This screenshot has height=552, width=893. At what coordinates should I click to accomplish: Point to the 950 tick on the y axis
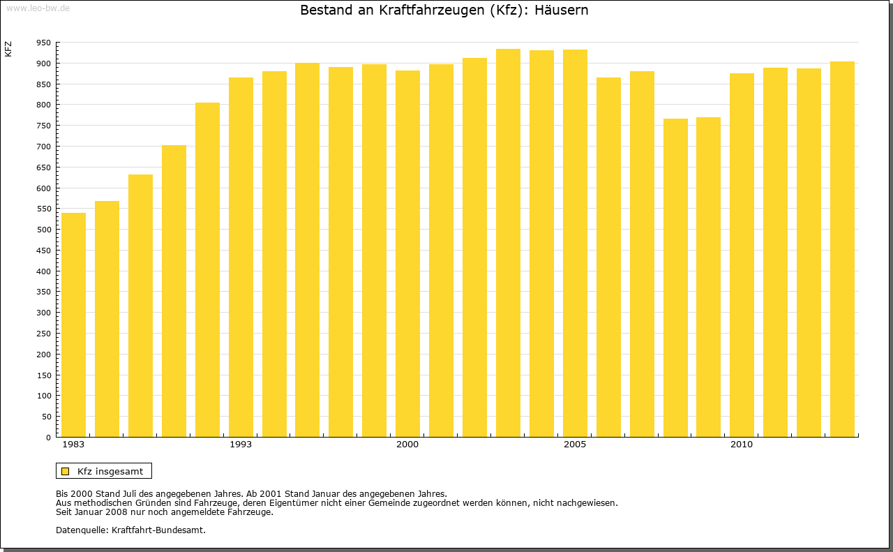43,43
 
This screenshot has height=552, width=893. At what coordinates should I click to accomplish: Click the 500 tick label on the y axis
43,230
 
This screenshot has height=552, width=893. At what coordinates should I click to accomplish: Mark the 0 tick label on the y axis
48,438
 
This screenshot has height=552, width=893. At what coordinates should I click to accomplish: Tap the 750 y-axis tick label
43,126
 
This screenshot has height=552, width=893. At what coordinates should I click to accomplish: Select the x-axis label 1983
73,445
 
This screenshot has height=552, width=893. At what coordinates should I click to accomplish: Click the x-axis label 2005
575,445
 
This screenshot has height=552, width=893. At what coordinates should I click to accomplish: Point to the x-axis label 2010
742,445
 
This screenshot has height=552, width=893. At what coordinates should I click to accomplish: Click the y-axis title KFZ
8,49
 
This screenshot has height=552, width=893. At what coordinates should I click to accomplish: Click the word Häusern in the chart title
560,10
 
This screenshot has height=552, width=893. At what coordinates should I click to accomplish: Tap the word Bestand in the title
327,10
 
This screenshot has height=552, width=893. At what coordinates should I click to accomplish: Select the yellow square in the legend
66,471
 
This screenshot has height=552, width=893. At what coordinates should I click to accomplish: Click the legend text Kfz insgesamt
110,471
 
